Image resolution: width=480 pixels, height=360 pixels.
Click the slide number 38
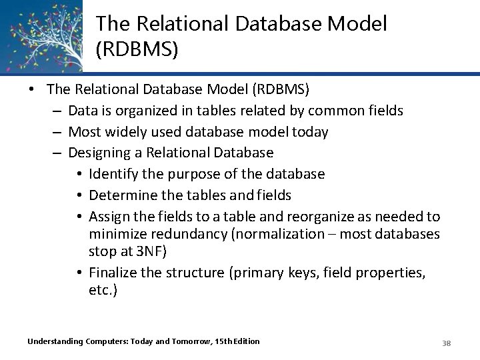447,343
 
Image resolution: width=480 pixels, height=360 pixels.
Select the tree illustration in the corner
41,35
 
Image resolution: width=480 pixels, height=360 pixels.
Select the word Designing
101,153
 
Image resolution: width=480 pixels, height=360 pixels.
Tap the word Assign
109,217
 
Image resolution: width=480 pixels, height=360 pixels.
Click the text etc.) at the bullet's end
103,290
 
